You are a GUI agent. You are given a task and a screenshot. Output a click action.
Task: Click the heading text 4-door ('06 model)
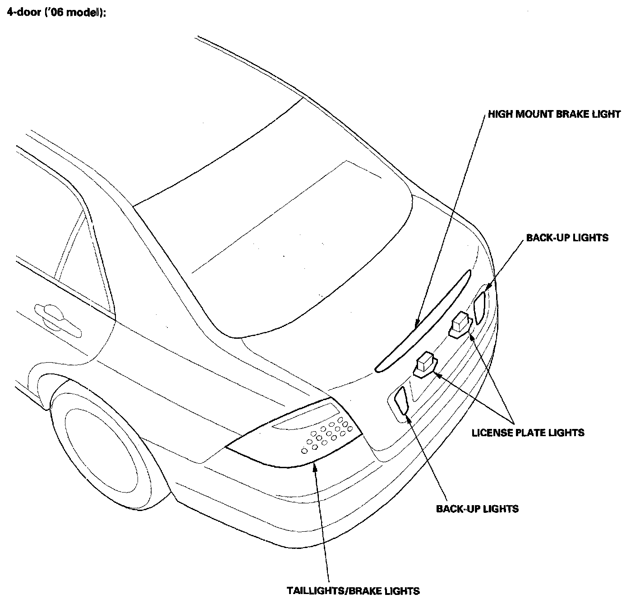[x=56, y=13]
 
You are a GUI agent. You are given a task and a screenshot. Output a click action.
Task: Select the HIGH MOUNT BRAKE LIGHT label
[x=554, y=114]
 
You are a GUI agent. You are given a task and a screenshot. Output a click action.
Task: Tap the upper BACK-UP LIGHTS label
[x=567, y=237]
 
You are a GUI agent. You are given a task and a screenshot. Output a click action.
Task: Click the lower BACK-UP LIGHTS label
[x=477, y=509]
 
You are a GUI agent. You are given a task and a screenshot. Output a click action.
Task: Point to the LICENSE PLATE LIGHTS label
[x=528, y=433]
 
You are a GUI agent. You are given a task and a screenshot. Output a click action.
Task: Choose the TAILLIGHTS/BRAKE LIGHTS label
[x=353, y=591]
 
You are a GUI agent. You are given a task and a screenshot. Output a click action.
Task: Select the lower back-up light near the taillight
[x=401, y=400]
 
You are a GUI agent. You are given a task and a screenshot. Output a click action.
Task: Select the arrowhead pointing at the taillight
[x=315, y=467]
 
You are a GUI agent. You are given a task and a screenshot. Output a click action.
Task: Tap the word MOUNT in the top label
[x=532, y=114]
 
